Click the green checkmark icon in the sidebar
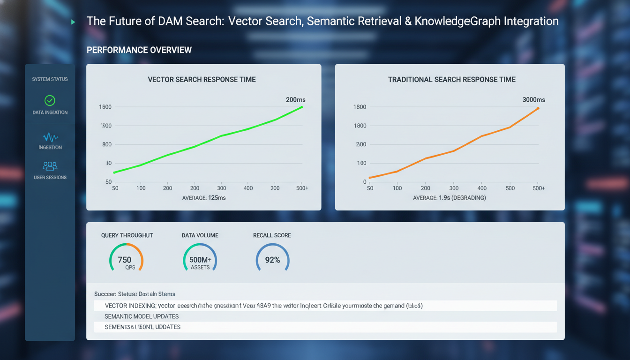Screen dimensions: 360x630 pyautogui.click(x=50, y=100)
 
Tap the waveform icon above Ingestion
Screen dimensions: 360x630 pyautogui.click(x=50, y=137)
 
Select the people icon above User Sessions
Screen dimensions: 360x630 pyautogui.click(x=50, y=166)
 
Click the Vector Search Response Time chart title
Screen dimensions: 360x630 pyautogui.click(x=202, y=80)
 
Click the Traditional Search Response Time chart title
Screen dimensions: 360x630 pyautogui.click(x=451, y=80)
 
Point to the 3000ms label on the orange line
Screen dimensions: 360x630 pyautogui.click(x=533, y=100)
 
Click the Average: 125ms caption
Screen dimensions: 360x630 pyautogui.click(x=203, y=198)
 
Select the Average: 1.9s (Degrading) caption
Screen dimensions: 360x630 pyautogui.click(x=449, y=198)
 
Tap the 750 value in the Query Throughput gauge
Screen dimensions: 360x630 pyautogui.click(x=125, y=260)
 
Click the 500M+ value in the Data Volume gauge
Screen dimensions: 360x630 pyautogui.click(x=200, y=260)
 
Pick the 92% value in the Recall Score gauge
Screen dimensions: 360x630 pyautogui.click(x=272, y=260)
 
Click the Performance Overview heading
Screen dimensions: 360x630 pyautogui.click(x=139, y=50)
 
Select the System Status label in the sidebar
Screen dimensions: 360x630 pyautogui.click(x=50, y=79)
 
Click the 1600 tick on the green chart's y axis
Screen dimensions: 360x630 pyautogui.click(x=105, y=107)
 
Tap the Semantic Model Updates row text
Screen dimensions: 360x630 pyautogui.click(x=141, y=316)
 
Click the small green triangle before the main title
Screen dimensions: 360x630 pyautogui.click(x=73, y=22)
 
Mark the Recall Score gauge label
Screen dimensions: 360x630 pyautogui.click(x=272, y=235)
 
